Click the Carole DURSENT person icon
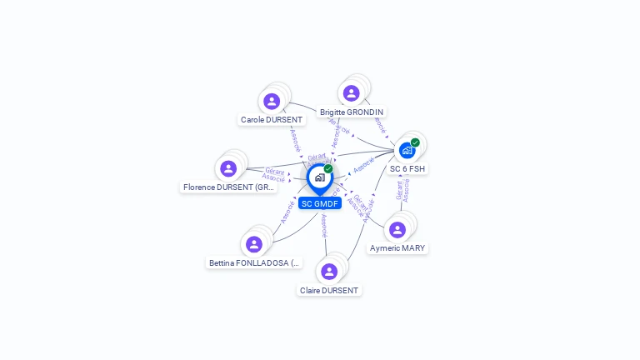272,102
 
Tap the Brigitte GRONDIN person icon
351,93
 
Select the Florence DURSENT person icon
228,169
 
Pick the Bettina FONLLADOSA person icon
254,244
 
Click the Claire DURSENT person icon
329,272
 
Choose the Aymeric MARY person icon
397,230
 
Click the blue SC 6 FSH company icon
407,151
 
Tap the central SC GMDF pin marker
319,177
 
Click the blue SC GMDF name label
320,203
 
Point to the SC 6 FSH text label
407,169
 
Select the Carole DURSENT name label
272,120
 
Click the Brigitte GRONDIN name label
352,112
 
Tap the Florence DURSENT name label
228,187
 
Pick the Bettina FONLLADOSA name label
254,263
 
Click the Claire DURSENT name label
329,291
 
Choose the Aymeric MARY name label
397,248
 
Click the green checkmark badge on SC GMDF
328,169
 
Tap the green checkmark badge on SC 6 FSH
415,142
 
